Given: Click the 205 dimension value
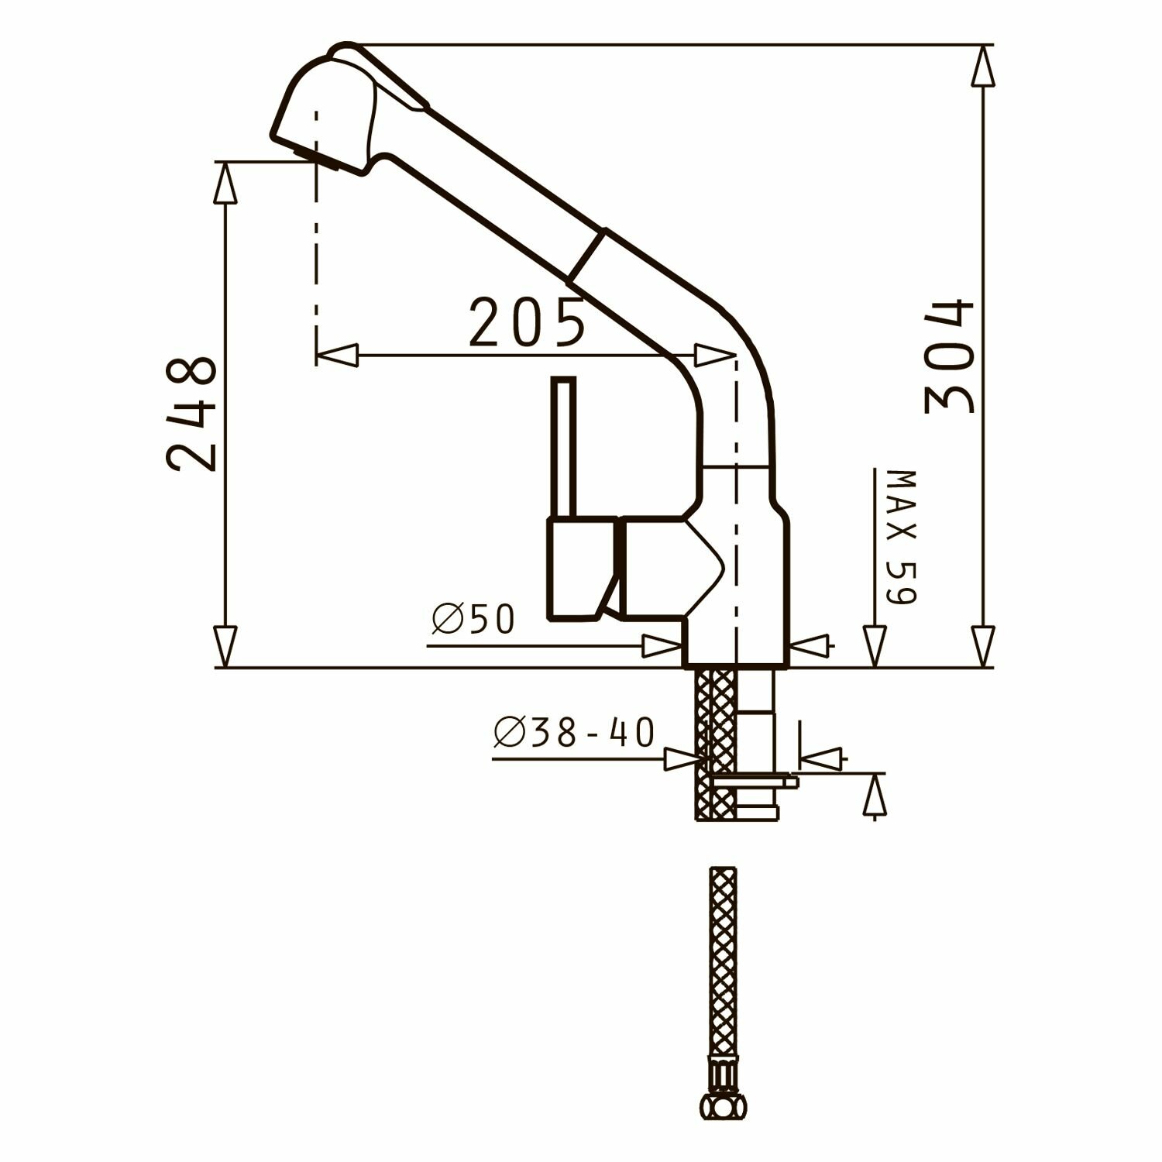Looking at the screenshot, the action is click(x=527, y=322).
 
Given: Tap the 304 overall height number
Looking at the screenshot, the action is click(x=949, y=356).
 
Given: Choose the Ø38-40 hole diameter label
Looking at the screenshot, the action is click(x=574, y=733).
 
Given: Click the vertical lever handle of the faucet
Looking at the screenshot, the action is click(x=563, y=448).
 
